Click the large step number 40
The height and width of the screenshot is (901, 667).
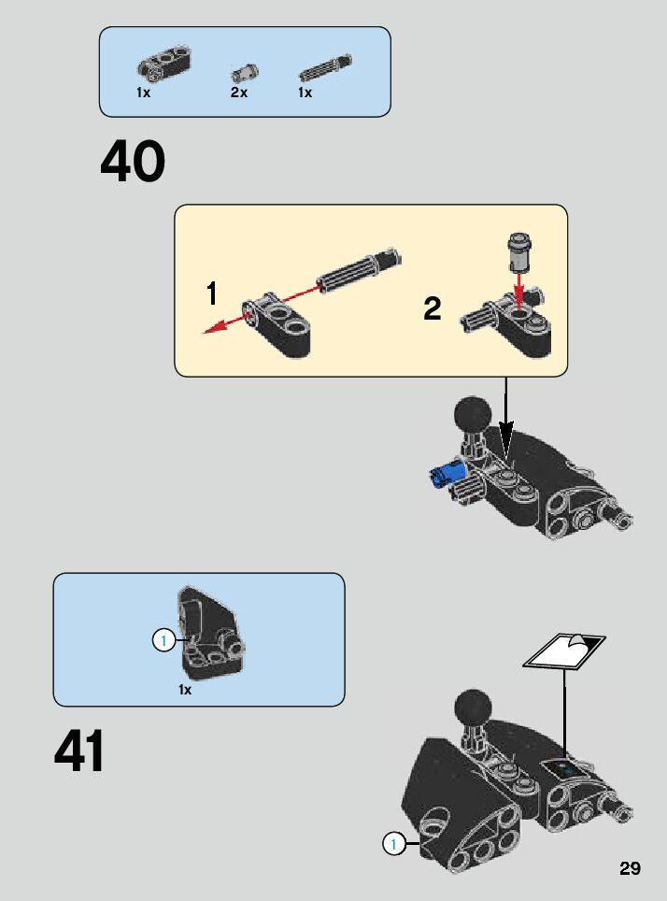[133, 161]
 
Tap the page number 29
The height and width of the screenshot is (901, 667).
[630, 867]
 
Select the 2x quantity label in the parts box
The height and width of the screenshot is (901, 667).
[239, 92]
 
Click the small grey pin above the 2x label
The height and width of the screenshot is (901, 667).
[245, 74]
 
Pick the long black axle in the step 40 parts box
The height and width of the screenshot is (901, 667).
[325, 67]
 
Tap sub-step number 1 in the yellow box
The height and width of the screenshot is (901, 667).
[212, 293]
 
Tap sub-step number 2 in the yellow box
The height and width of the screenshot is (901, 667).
[432, 308]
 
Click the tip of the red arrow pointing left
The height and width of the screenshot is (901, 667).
[205, 332]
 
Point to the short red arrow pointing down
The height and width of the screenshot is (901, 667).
[519, 290]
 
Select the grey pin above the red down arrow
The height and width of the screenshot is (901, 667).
[519, 250]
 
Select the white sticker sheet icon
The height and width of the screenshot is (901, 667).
[564, 651]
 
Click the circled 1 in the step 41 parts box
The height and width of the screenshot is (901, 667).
[163, 640]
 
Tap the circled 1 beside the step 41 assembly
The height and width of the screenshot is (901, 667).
[393, 844]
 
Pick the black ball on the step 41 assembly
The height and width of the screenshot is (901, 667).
[473, 708]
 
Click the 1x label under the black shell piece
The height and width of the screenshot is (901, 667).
[185, 690]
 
